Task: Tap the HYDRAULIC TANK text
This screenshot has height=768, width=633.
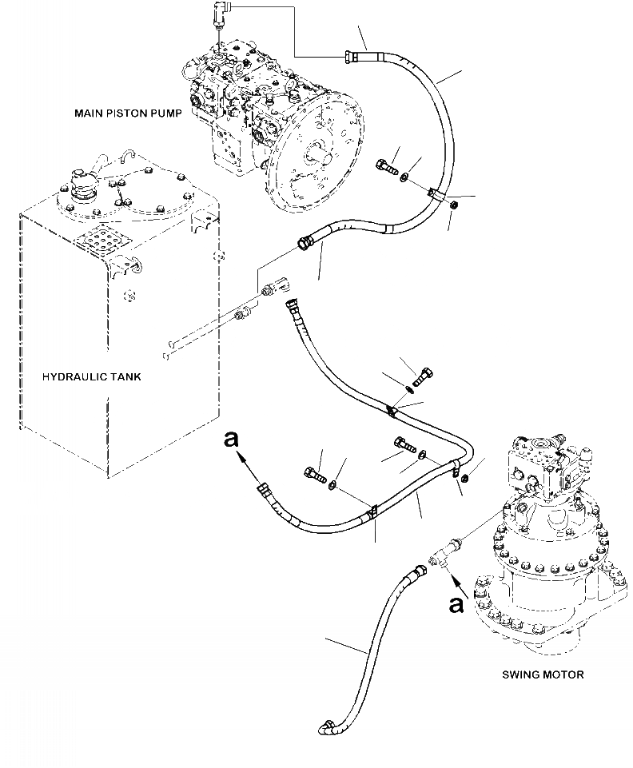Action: pos(93,376)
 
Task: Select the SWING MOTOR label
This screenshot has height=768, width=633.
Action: pos(543,674)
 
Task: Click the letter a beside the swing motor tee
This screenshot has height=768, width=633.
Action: pos(456,605)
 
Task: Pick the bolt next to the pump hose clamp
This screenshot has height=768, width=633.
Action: pos(385,169)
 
